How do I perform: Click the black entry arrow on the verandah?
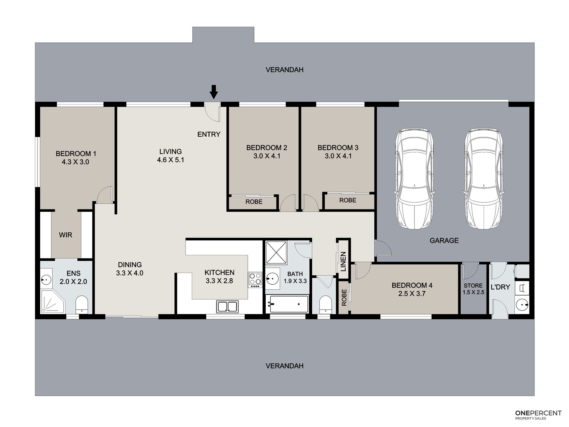point(214,92)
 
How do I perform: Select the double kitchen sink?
point(227,306)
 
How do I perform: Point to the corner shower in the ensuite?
point(53,301)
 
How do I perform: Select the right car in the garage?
point(484,179)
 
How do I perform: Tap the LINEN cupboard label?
point(343,261)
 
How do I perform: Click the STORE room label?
point(473,286)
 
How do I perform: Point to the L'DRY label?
point(500,287)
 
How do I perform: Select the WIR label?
point(65,235)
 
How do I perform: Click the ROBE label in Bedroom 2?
point(254,202)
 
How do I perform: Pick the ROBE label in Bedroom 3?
point(348,200)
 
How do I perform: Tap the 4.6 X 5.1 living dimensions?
point(170,160)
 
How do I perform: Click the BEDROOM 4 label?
point(412,285)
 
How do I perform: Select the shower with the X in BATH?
point(276,252)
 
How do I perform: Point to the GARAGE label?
point(444,241)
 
